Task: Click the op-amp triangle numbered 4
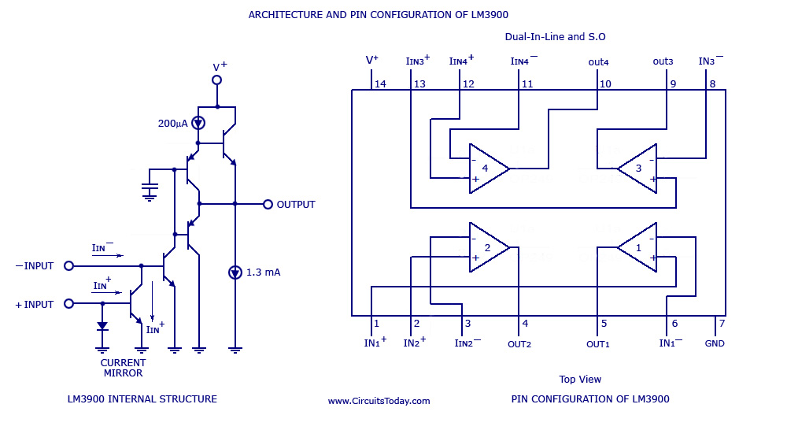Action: tap(486, 169)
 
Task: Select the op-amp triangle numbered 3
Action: tap(639, 169)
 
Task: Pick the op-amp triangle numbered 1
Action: tap(639, 247)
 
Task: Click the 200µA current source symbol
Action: tap(198, 124)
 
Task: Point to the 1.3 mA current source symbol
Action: tap(235, 272)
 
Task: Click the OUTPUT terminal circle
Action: tap(268, 204)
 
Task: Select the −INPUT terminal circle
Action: tap(68, 266)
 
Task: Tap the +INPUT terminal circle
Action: tap(68, 304)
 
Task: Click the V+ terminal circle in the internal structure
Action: tap(217, 80)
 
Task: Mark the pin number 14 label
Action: tap(380, 84)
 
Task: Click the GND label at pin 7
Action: tap(715, 343)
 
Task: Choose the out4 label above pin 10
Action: tap(598, 61)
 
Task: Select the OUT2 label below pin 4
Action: tap(519, 344)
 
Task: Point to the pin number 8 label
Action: tap(711, 84)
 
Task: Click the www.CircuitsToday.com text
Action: tap(379, 401)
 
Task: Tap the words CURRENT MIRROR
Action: tap(123, 368)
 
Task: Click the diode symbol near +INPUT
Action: tap(102, 325)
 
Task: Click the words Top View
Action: tap(580, 379)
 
